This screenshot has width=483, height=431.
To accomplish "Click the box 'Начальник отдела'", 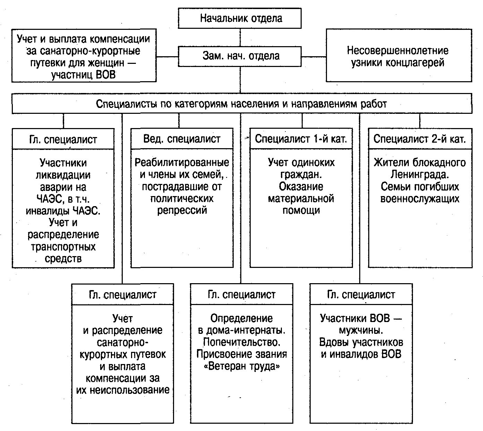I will pos(240,18).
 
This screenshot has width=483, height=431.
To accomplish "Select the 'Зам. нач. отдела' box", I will pos(240,56).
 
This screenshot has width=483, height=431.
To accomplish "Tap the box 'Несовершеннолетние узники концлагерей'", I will pos(399,56).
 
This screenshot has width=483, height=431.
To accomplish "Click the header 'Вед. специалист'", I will pos(182,139).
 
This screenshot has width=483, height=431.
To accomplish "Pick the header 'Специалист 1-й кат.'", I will pos(301,139).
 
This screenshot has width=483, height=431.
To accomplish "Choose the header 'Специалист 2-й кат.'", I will pos(420,139).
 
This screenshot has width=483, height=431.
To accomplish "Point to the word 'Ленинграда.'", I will pos(420,175).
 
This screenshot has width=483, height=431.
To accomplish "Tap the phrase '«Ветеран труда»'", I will pos(242,366).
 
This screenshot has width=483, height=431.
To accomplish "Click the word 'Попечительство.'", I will pos(242,342).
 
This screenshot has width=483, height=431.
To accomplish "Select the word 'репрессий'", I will pos(182,211).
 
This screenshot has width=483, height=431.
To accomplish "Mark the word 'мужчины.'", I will pos(361,330).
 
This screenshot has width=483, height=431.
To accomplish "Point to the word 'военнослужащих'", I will pos(420,199).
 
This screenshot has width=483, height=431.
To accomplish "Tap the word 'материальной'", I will pos(301,199).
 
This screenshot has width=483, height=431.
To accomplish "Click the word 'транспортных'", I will pos(63,247).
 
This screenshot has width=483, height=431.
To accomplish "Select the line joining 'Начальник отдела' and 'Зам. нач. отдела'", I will pos(240,38).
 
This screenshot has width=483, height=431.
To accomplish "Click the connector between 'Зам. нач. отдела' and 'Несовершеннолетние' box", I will pos(313,57).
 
